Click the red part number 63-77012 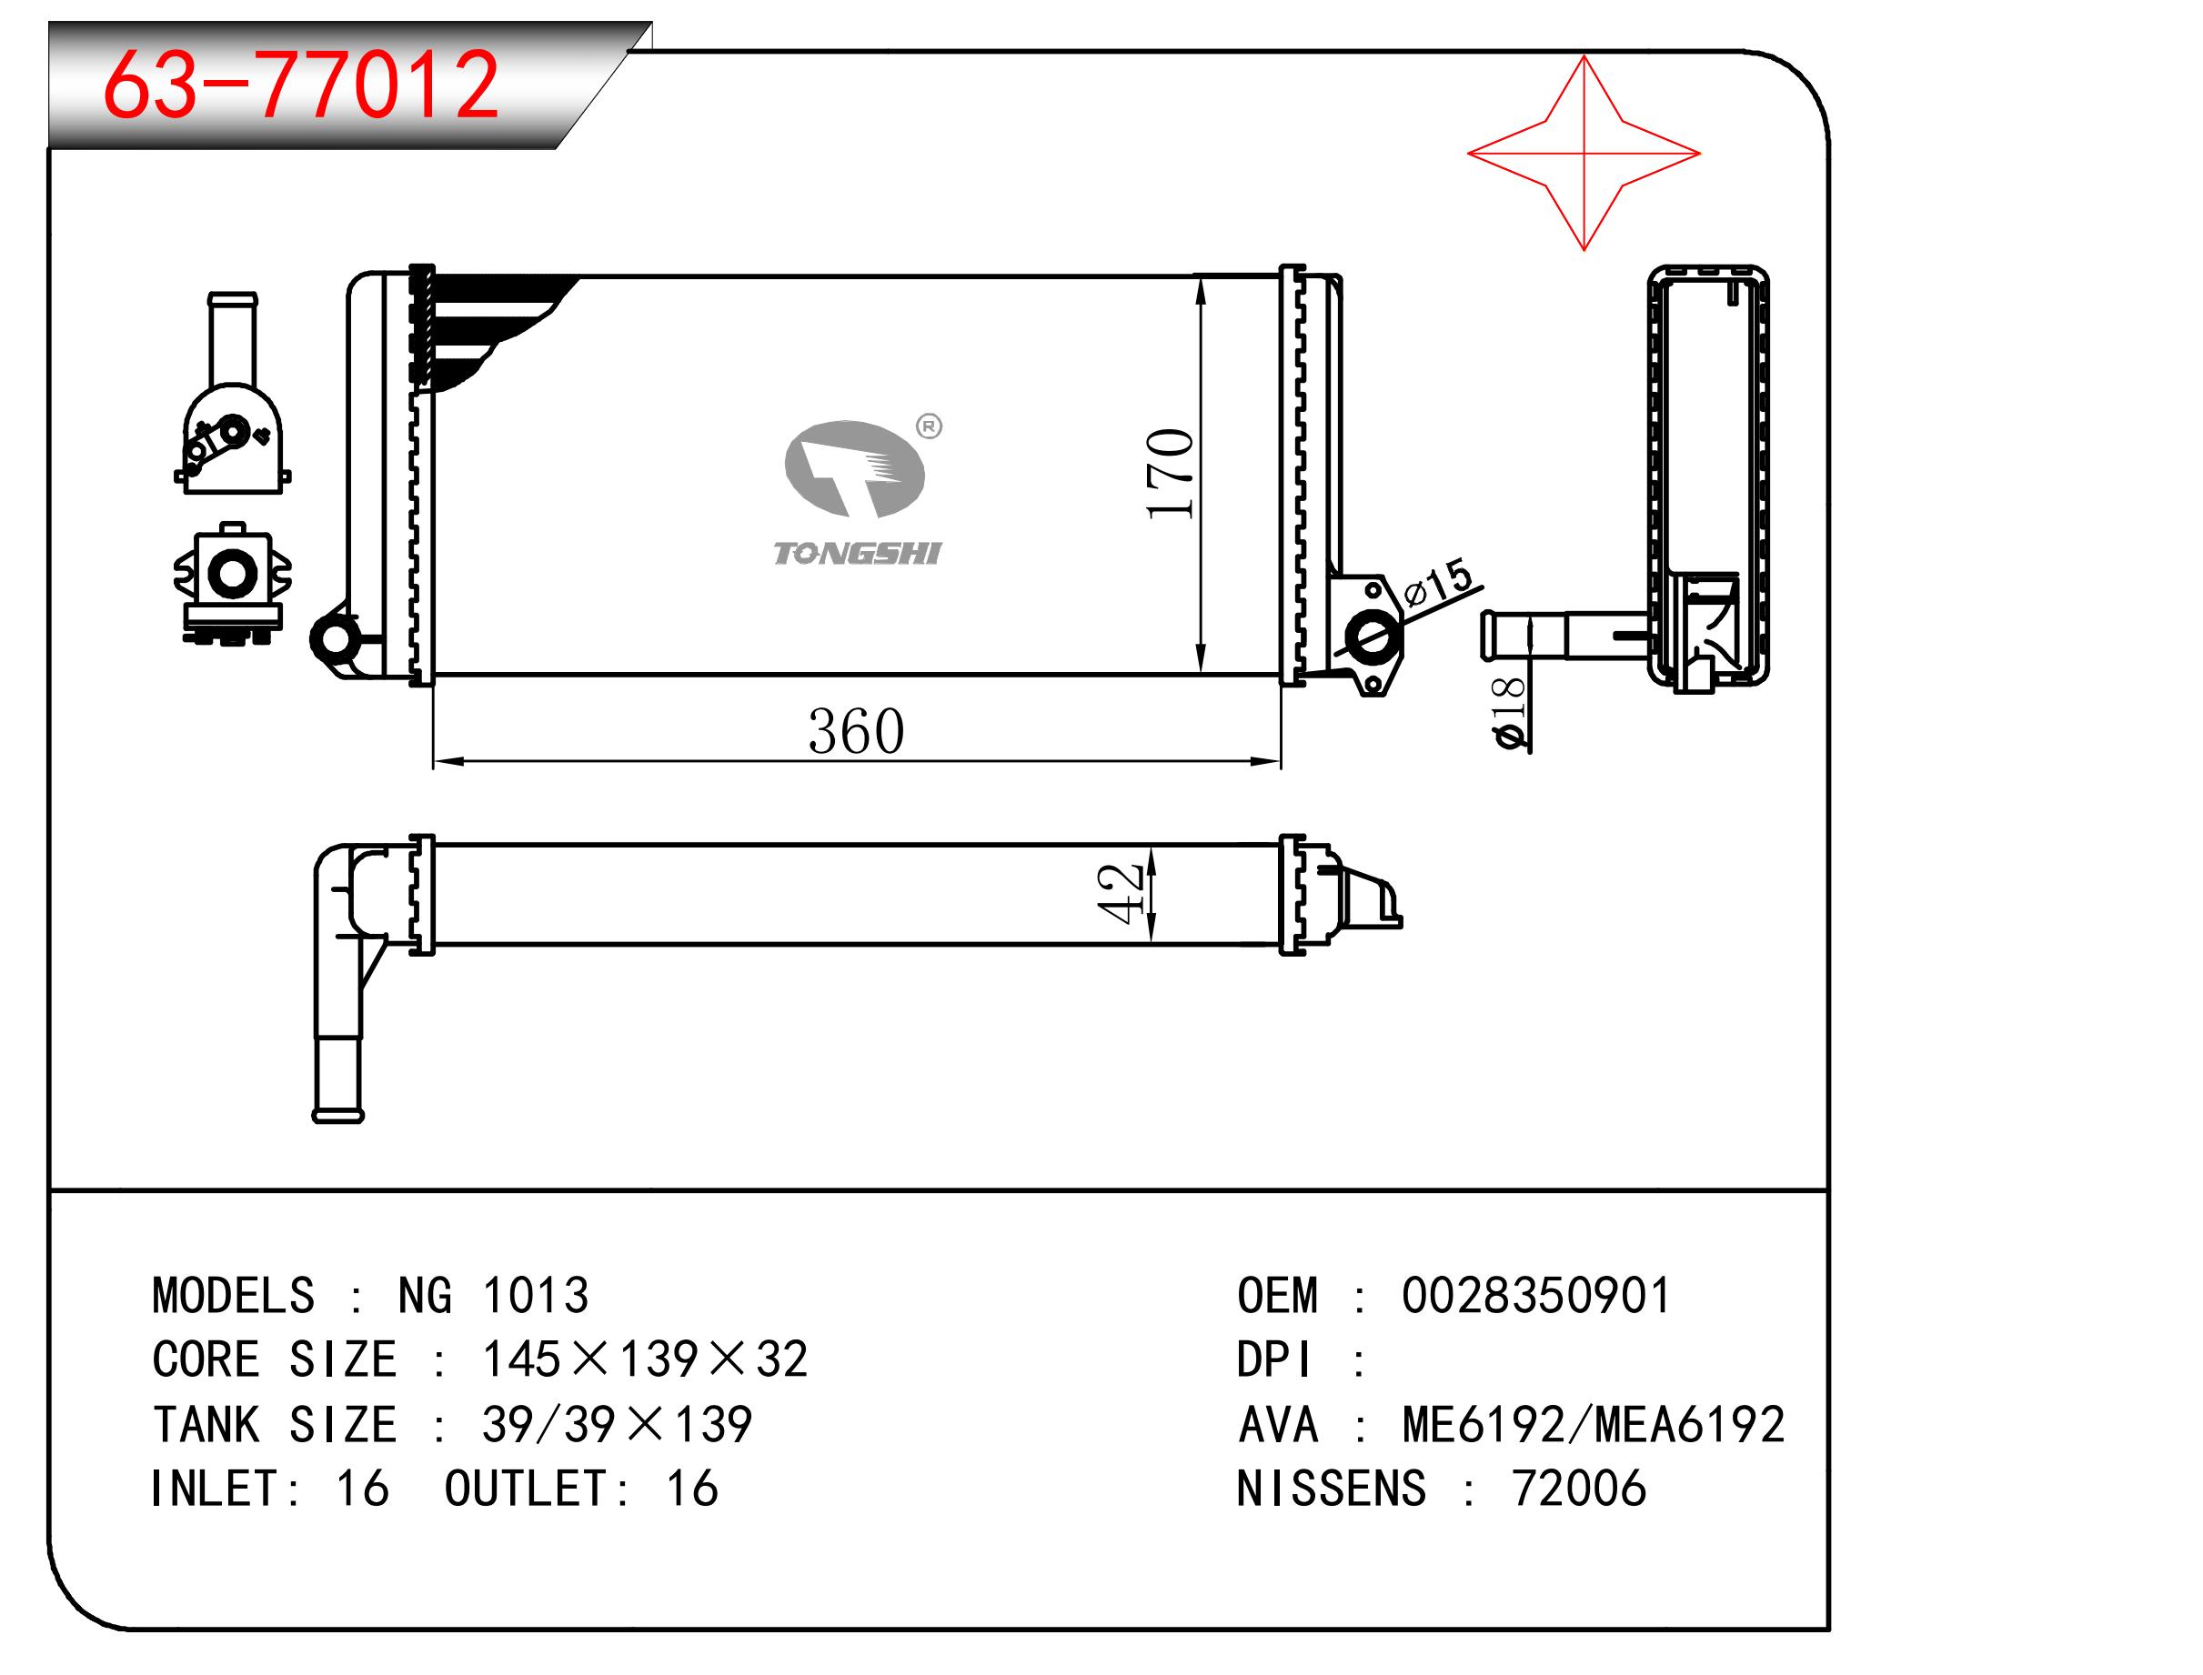[x=300, y=85]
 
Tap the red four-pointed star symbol [x=1583, y=153]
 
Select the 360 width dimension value [x=856, y=732]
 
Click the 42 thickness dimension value [x=1119, y=893]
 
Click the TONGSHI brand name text [x=857, y=554]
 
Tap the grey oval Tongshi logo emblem [x=855, y=468]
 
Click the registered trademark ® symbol [x=929, y=426]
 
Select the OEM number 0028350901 [x=1534, y=1296]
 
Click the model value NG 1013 [x=494, y=1296]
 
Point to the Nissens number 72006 [x=1579, y=1489]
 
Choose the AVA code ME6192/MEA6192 [x=1593, y=1425]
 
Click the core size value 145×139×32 [x=645, y=1359]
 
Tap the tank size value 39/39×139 [x=618, y=1425]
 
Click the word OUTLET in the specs [x=525, y=1489]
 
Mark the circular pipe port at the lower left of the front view [x=334, y=637]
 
